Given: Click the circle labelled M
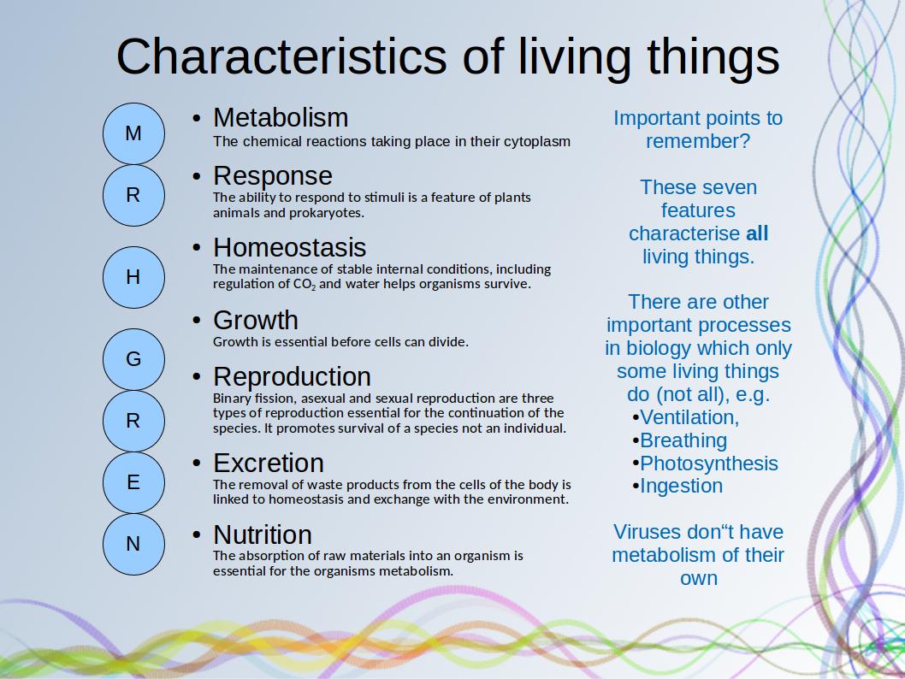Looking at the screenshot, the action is point(134,133).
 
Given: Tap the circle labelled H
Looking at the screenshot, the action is point(134,277).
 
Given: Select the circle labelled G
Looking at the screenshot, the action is point(134,359).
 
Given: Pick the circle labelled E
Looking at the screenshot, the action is point(134,482).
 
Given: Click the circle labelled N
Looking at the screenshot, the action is point(134,544).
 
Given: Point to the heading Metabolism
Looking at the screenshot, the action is point(281,118).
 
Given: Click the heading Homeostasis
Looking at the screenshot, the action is point(290,247).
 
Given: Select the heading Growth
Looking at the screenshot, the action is point(256,320).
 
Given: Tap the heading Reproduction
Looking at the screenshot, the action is point(292,377).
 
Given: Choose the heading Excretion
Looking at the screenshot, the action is point(269,463).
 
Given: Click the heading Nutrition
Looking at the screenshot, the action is point(263,534).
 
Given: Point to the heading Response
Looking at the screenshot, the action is point(272,176).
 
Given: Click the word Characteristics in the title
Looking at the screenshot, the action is point(281,56).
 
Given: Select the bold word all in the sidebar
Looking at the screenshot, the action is point(757,233).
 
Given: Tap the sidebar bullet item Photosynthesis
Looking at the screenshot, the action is point(709,463).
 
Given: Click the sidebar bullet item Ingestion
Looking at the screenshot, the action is point(681,487).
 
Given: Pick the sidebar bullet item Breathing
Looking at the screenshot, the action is point(683,440).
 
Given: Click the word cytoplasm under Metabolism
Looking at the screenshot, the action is point(537,142).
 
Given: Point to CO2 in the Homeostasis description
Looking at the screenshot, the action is point(305,285).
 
